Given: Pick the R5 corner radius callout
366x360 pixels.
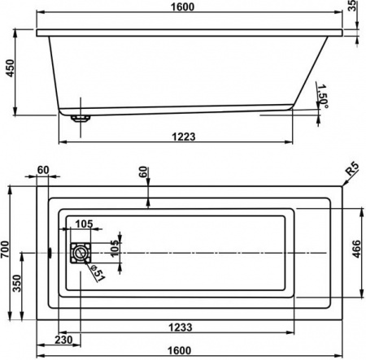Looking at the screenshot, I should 351,170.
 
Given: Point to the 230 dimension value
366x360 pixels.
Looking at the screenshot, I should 67,339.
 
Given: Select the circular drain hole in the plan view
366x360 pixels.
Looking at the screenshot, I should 80,254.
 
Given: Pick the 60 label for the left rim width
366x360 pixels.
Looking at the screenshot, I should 43,170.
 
